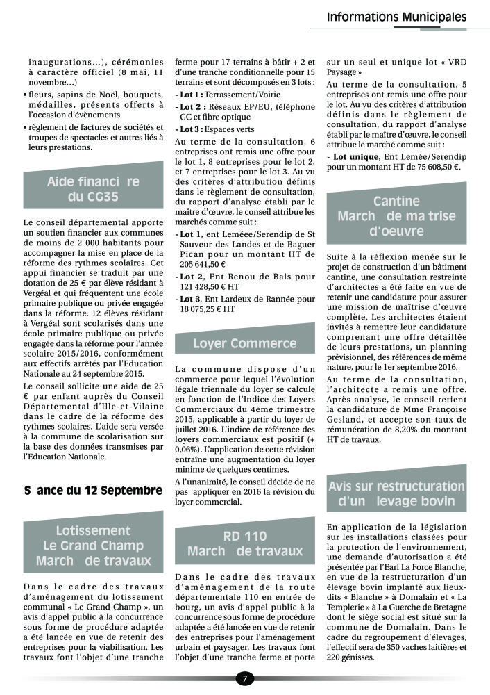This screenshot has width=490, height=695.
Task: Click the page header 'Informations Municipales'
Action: click(x=396, y=17)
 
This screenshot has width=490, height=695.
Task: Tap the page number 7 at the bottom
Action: click(x=244, y=678)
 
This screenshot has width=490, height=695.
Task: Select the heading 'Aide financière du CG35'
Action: click(x=93, y=189)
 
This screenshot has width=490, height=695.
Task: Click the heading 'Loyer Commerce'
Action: click(x=244, y=343)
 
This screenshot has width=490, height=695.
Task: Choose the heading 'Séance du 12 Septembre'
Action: click(x=93, y=490)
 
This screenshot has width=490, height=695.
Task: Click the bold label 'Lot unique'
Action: click(x=355, y=158)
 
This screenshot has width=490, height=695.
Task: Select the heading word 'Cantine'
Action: click(x=396, y=202)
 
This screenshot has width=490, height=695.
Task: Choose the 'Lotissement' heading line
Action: click(x=93, y=531)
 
